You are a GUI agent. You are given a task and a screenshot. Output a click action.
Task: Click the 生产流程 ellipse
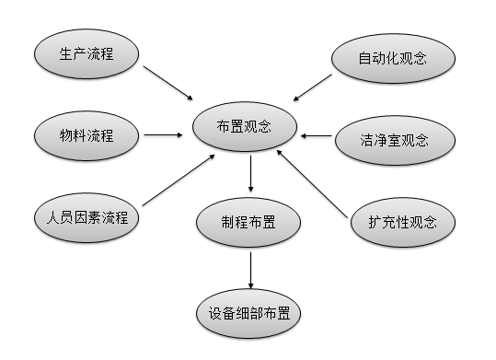pos(87,53)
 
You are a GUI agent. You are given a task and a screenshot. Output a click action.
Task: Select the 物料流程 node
pos(87,135)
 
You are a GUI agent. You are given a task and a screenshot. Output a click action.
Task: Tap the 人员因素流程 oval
pos(87,218)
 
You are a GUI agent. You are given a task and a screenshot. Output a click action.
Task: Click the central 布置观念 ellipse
pos(245,126)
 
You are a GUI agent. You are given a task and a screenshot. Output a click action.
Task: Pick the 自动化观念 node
pos(393,58)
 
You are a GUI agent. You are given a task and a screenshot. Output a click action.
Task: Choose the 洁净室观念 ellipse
pos(395,140)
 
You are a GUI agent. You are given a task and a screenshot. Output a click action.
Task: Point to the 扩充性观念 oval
pos(403,222)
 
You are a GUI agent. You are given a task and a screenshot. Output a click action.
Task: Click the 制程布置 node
pos(248,222)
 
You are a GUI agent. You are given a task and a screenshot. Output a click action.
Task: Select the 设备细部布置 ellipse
pos(248,313)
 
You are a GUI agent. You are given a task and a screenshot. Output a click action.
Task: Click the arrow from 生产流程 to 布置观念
pos(168,83)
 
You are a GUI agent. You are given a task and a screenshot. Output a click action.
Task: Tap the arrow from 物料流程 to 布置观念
pos(163,135)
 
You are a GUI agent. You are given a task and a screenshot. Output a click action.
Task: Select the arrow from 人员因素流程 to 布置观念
pos(179,180)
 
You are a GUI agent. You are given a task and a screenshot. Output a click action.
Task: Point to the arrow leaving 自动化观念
pos(313,87)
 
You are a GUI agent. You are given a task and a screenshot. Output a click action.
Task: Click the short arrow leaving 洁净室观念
pos(317,136)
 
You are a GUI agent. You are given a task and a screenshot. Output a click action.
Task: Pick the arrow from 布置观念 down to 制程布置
pos(251,173)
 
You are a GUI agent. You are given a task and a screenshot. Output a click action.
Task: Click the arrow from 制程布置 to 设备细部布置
pos(251,271)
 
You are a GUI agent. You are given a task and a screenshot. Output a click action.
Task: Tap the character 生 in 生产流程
pos(65,53)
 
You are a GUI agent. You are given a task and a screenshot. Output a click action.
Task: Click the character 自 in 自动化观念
pos(364,59)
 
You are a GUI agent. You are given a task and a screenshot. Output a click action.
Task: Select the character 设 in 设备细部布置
pos(215,313)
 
